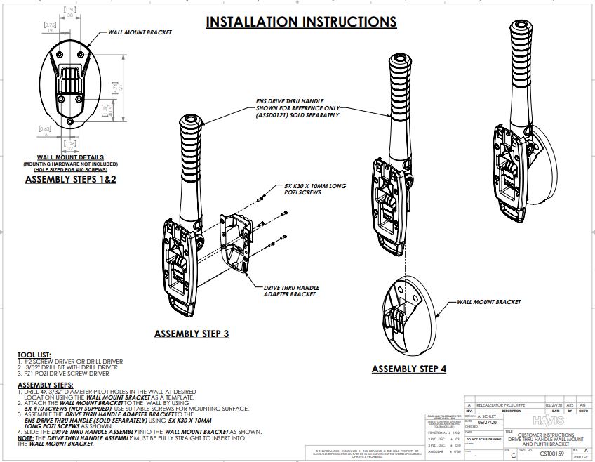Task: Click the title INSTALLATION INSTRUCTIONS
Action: point(300,22)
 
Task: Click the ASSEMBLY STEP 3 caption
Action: point(191,334)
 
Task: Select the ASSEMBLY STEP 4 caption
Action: point(408,369)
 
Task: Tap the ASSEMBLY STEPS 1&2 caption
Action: point(70,179)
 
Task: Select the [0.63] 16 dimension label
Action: point(45,131)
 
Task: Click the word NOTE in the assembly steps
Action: point(25,437)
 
